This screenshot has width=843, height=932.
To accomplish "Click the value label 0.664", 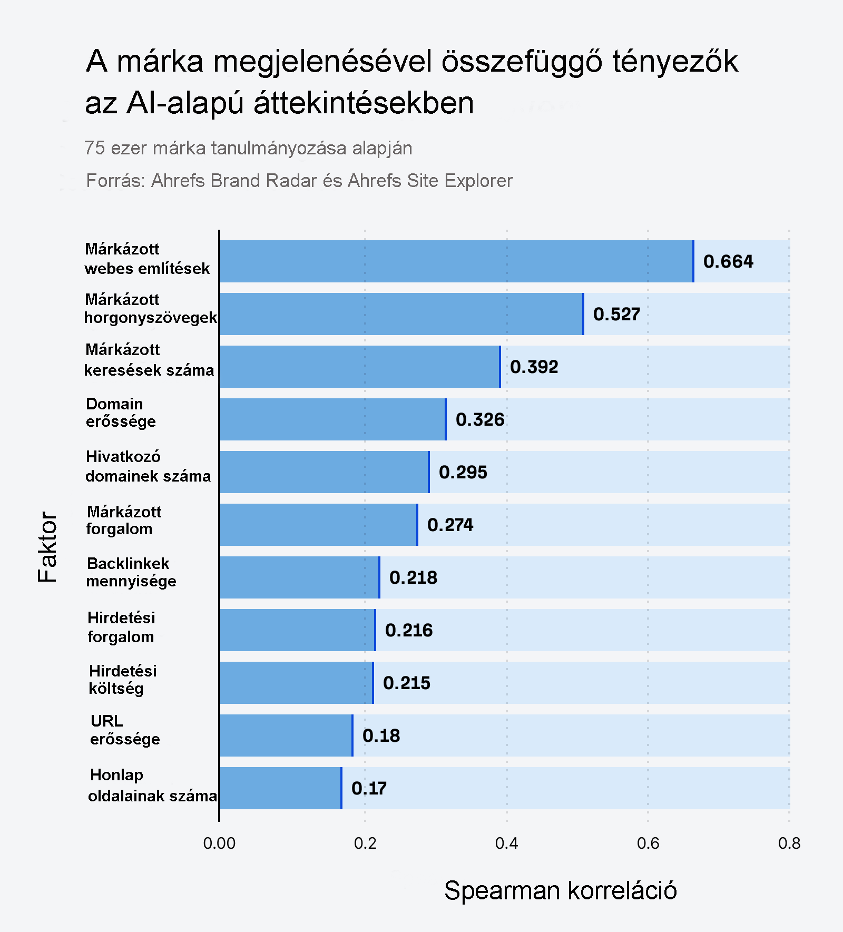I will point(728,261).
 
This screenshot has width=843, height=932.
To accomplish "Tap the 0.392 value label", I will point(534,367).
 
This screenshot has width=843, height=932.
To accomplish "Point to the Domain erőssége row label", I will point(121,413).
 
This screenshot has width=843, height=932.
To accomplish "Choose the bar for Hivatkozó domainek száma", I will point(324,472).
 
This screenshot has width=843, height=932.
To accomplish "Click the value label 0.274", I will point(450,525).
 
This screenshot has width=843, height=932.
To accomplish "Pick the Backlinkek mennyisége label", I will point(131,572).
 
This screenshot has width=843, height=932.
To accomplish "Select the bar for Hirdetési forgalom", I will point(297,630).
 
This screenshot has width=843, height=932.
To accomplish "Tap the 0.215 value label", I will point(406,683).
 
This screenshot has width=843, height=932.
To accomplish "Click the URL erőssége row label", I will point(125,730).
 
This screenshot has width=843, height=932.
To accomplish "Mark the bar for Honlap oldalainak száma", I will point(280,788).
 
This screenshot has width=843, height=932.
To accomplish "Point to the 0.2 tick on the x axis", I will point(365,843).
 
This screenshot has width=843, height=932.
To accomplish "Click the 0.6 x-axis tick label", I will point(648,843).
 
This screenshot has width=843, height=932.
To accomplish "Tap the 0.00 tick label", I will point(219,843).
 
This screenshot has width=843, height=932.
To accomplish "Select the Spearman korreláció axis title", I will point(560,891).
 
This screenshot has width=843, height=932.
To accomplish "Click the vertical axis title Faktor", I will point(47,546).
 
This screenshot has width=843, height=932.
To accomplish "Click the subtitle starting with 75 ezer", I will point(248,148).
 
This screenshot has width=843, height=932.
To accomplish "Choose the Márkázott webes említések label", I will point(147,259).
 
